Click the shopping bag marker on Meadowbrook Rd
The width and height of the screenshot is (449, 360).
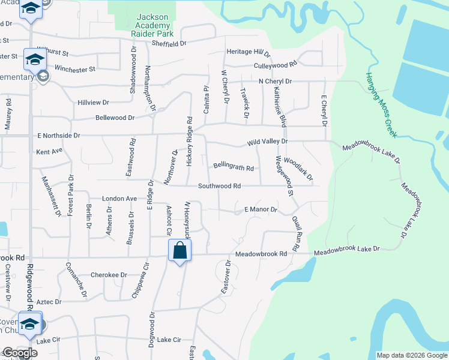click(x=180, y=251)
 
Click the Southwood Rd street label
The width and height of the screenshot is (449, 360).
click(x=219, y=187)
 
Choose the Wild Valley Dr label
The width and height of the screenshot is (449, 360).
click(x=268, y=142)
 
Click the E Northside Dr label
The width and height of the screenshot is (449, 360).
click(x=58, y=136)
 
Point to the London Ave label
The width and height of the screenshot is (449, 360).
click(x=119, y=199)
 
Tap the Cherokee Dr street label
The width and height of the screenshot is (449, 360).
click(x=109, y=275)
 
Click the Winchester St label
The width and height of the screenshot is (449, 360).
click(x=75, y=69)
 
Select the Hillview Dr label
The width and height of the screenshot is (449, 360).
click(x=93, y=103)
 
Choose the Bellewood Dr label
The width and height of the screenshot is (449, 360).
click(x=115, y=118)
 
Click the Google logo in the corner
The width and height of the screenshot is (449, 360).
click(x=20, y=353)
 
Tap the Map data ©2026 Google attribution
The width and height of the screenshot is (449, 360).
click(x=411, y=355)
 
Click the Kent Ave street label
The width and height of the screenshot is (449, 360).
click(x=49, y=152)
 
